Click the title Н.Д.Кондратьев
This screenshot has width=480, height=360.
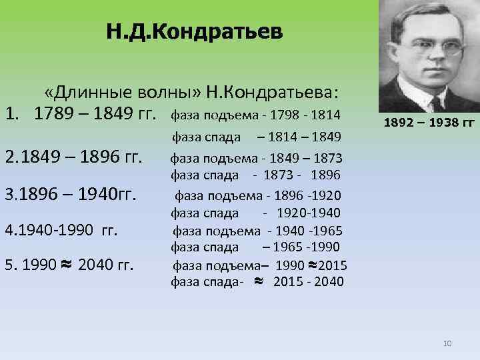194,31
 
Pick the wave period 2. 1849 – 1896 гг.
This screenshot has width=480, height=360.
74,159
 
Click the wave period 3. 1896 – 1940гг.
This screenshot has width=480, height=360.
71,195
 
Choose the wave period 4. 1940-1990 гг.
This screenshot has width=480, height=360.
61,231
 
